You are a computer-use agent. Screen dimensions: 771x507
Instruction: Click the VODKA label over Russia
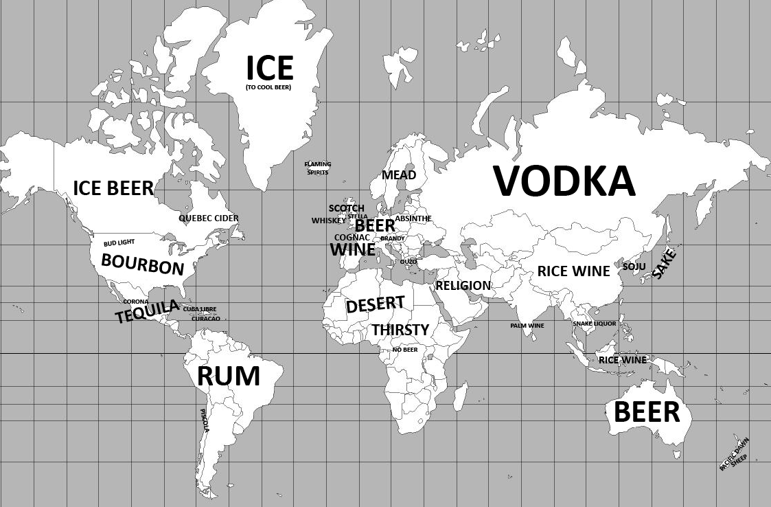[564, 181]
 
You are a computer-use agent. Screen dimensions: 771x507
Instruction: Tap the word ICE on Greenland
[270, 68]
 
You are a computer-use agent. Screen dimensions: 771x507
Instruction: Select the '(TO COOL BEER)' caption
[268, 87]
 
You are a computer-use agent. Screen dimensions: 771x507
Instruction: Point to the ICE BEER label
[113, 188]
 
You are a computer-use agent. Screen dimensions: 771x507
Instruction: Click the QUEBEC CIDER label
[209, 218]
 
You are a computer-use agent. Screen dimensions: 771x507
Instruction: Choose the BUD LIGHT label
[119, 243]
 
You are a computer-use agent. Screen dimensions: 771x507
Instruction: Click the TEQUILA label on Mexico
[147, 312]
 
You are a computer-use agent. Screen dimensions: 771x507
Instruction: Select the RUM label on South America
[229, 376]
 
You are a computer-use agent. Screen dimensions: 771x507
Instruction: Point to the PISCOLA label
[205, 420]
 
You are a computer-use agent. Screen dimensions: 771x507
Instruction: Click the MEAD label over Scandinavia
[399, 175]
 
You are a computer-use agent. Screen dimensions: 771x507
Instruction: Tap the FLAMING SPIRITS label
[318, 168]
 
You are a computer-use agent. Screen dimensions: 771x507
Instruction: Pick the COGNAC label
[352, 237]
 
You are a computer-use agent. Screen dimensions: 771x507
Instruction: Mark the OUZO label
[408, 262]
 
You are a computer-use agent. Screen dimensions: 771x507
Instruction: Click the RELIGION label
[463, 285]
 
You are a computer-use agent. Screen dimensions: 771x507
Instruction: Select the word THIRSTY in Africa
[400, 330]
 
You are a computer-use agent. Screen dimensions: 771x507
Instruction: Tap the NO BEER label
[405, 350]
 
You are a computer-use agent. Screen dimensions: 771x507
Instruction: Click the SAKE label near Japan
[664, 264]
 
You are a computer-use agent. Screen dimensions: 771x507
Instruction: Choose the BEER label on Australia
[647, 412]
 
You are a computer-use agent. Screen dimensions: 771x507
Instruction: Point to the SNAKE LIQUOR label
[595, 324]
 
